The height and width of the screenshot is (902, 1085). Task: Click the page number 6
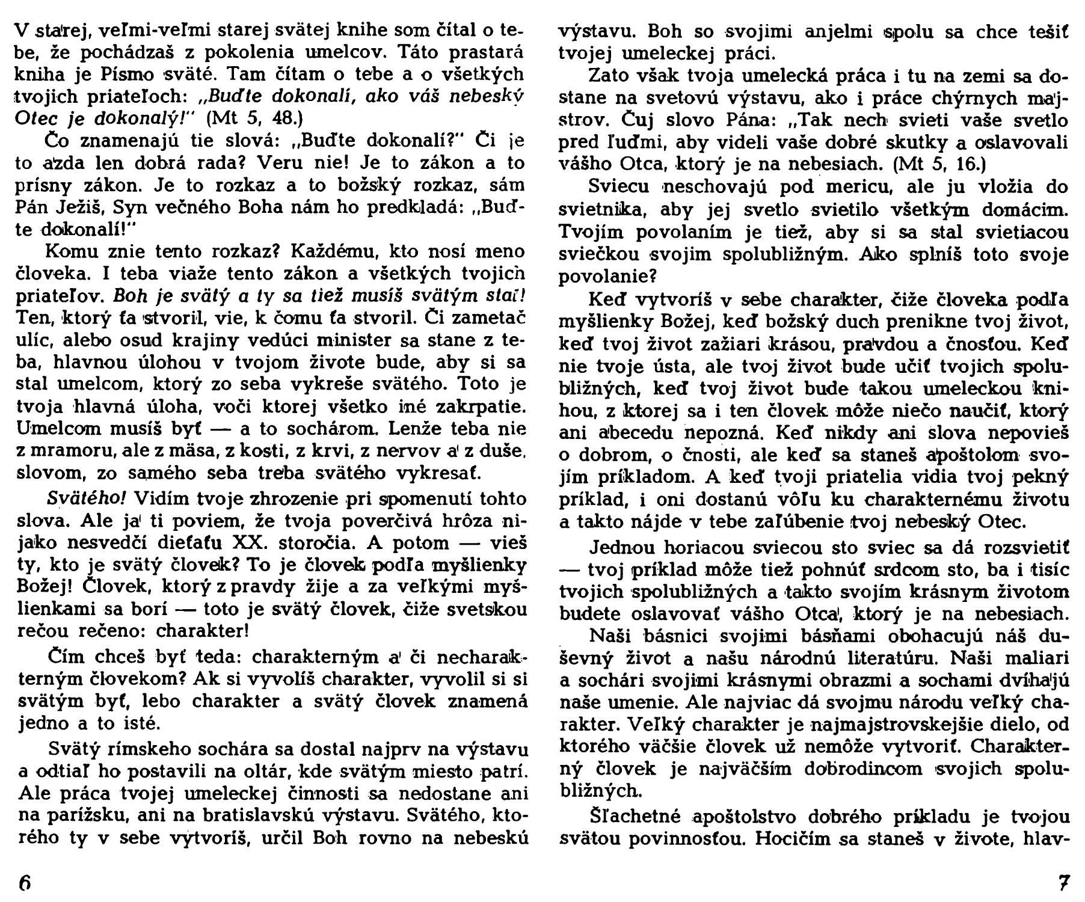coord(25,882)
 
